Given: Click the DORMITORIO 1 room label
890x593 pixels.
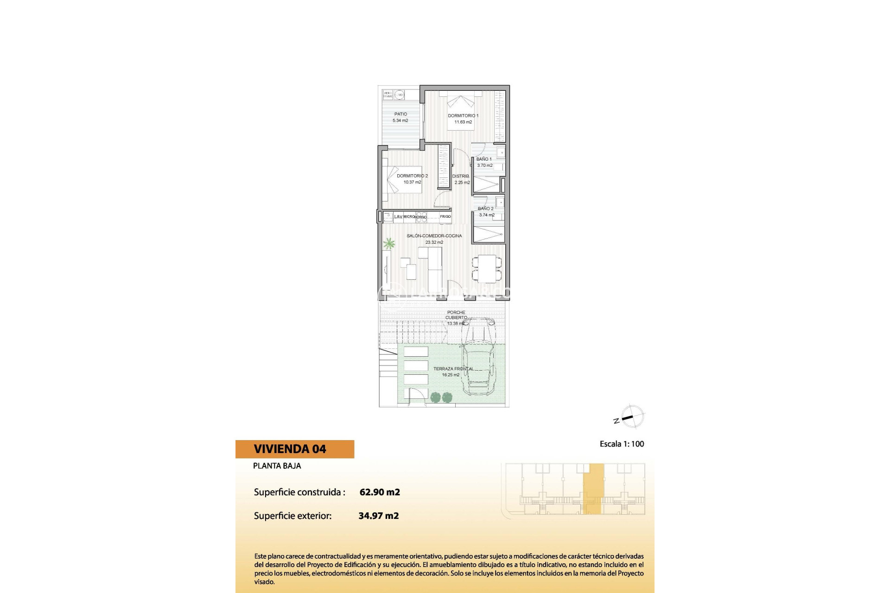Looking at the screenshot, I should coord(463,116).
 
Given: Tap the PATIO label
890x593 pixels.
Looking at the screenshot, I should coord(400,114).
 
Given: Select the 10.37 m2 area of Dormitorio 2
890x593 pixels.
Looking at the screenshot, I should coord(412,183).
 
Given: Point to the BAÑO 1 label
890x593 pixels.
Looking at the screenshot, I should coord(484,159).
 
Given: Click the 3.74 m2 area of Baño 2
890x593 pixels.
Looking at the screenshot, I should coord(487,215).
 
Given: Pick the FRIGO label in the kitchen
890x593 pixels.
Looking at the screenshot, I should coord(445,217).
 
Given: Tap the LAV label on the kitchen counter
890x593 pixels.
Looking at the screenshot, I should coord(398,217).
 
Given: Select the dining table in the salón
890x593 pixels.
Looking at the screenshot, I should coord(487,268).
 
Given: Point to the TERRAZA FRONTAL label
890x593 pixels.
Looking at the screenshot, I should coord(453,369).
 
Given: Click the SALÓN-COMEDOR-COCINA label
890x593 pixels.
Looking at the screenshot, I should coord(434,236).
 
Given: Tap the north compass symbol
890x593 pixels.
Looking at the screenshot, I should coord(630,417).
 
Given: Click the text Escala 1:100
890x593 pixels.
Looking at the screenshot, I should coord(622,444).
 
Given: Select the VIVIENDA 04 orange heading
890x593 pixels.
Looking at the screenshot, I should coord(290,449).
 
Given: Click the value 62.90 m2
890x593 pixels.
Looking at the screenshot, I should coord(380,492).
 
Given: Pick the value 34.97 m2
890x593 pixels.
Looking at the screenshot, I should coord(379,516).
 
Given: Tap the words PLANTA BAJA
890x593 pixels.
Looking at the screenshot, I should coord(277,466).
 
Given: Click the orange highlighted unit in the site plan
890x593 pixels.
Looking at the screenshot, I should coord(593,489).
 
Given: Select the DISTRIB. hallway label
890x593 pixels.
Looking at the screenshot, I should coord(461,177).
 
